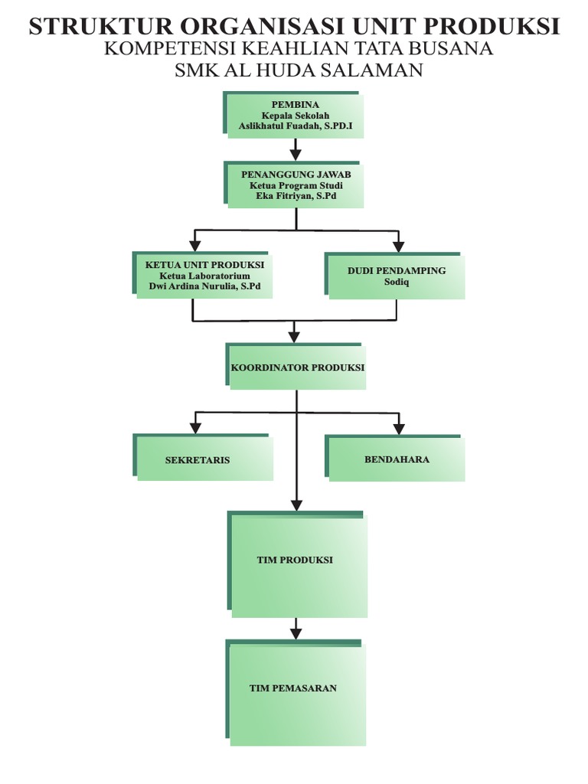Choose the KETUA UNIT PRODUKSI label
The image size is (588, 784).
(x=204, y=264)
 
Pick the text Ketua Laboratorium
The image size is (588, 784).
(x=204, y=276)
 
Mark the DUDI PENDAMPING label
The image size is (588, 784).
(x=397, y=270)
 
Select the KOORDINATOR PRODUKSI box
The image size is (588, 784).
(x=297, y=367)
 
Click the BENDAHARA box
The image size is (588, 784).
(x=396, y=459)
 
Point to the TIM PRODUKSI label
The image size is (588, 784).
(x=295, y=560)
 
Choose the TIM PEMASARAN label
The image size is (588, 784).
(x=293, y=688)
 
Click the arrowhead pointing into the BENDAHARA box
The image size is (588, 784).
(x=397, y=428)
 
